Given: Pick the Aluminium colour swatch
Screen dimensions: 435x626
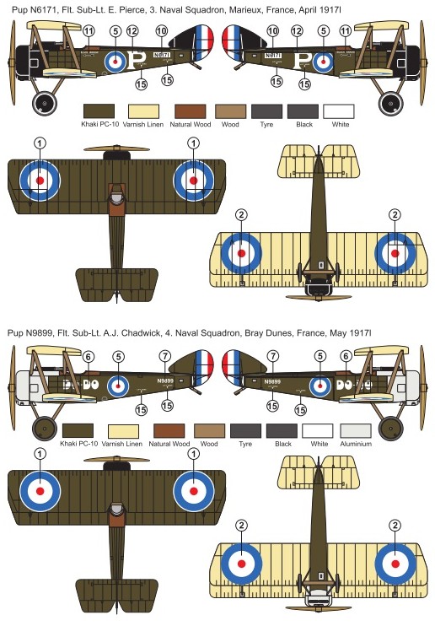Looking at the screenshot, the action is coord(356,431).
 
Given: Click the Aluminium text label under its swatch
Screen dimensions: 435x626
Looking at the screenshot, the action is coord(356,444).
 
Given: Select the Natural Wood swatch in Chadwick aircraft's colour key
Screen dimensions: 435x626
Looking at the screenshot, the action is coord(169,431).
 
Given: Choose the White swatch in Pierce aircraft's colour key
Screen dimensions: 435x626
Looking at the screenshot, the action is coord(339,111).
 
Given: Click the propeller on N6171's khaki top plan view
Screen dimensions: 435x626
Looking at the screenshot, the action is coord(116,149).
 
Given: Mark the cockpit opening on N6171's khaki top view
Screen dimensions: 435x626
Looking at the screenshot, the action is coord(116,197).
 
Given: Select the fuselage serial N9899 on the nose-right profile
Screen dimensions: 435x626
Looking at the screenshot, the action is coord(272,381).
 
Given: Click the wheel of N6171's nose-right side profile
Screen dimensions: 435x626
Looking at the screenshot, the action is coord(390,104).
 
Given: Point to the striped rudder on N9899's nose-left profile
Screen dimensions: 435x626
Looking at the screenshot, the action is coord(203,366).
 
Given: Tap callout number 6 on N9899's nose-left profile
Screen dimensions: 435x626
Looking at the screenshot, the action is coord(89,357).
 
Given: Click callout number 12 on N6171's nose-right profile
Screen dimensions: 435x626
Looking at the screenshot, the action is coord(297,30).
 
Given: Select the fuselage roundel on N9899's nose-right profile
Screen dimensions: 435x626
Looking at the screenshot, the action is coord(320,386).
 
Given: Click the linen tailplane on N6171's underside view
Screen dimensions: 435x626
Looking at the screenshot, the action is coord(319,161).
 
